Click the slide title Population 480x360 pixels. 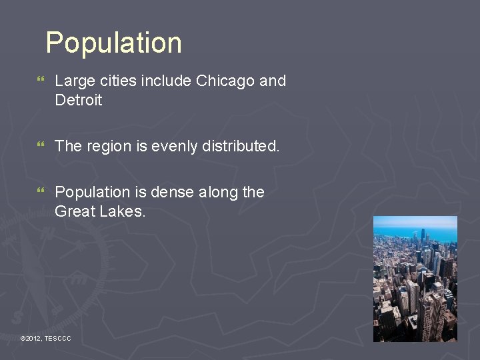point(113,43)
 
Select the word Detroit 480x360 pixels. point(79,101)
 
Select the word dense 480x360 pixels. point(171,192)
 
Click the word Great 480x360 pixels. point(75,211)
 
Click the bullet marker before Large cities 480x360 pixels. point(42,81)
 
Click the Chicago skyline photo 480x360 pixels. point(415,287)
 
